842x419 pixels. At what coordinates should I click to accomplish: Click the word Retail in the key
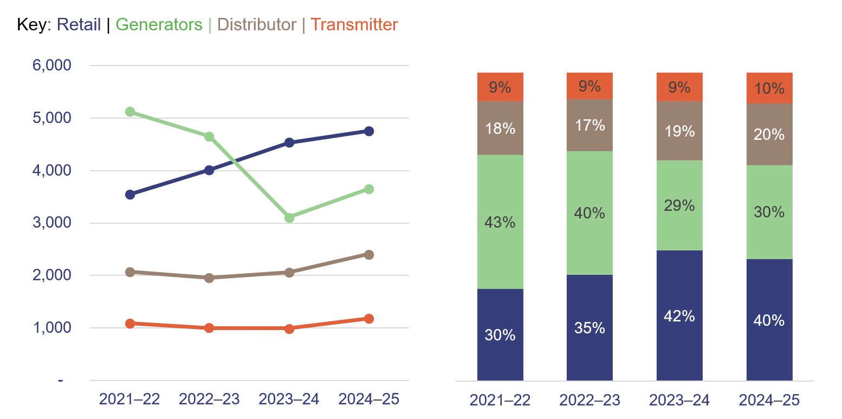point(79,25)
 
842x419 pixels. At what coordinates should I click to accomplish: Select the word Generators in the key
point(159,25)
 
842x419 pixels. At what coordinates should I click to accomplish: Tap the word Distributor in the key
point(257,25)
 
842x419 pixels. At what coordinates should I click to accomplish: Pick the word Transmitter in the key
point(354,25)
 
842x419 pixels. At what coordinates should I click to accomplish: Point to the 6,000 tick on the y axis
point(52,65)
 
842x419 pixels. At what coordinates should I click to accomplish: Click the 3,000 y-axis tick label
point(52,223)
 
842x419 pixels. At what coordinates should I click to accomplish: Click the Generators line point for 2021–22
point(130,112)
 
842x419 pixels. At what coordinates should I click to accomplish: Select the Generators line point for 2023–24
point(289,218)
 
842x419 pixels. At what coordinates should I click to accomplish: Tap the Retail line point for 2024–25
point(369,131)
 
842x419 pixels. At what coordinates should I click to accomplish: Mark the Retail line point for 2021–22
point(130,195)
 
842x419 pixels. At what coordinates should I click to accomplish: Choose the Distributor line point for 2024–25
point(369,255)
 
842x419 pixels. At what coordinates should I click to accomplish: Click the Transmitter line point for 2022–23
point(209,328)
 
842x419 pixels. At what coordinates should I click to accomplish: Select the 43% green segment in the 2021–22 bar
point(500,222)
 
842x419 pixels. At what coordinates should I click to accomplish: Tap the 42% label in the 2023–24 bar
point(679,316)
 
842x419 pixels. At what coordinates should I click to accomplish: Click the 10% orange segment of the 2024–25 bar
point(769,88)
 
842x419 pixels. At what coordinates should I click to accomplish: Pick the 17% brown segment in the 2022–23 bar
point(590,125)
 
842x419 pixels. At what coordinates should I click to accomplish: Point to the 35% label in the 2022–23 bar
point(590,328)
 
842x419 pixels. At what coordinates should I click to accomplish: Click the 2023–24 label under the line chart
point(289,399)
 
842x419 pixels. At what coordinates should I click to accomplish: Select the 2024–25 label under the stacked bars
point(769,401)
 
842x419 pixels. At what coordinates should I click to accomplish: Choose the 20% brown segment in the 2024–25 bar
point(769,134)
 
